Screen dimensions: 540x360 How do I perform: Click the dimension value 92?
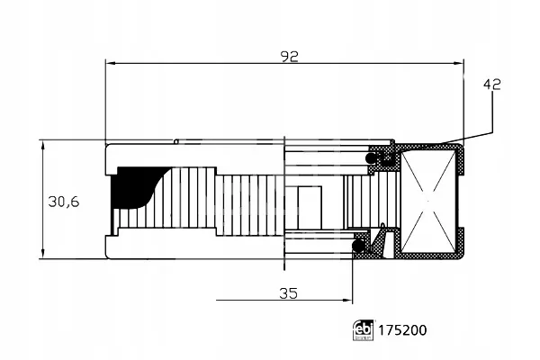pyautogui.click(x=289, y=57)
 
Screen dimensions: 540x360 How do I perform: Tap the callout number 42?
pyautogui.click(x=492, y=85)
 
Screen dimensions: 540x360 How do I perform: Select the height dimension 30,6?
pyautogui.click(x=64, y=202)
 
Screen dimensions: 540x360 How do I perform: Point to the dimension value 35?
pyautogui.click(x=289, y=293)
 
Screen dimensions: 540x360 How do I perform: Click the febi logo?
pyautogui.click(x=363, y=330)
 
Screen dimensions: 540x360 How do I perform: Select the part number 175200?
pyautogui.click(x=402, y=330)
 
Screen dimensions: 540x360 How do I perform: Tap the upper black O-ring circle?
pyautogui.click(x=371, y=158)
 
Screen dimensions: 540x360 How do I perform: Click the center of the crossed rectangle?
pyautogui.click(x=428, y=202)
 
